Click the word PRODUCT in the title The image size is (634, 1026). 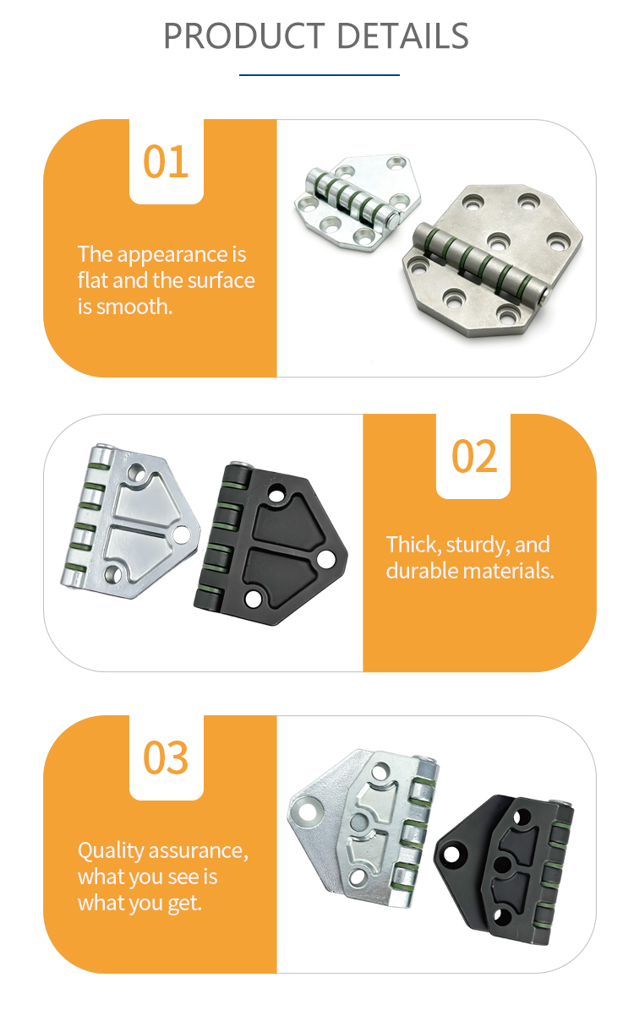[x=244, y=36]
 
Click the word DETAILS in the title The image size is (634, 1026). [x=403, y=36]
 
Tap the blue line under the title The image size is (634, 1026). [x=319, y=74]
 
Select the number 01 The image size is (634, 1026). [x=166, y=161]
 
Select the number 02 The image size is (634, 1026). [x=474, y=456]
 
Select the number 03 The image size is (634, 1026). [x=166, y=757]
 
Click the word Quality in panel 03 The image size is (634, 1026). [x=111, y=851]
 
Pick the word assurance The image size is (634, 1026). [x=198, y=851]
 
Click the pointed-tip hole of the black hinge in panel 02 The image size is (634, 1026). [x=326, y=558]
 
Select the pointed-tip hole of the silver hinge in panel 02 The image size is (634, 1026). [x=181, y=535]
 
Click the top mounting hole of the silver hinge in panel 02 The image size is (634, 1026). [x=136, y=472]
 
